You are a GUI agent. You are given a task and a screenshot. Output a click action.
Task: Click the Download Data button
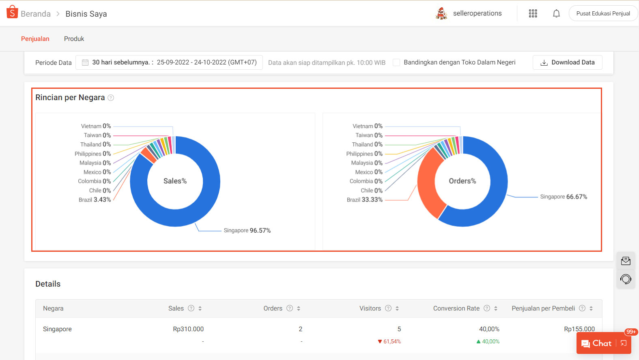point(567,62)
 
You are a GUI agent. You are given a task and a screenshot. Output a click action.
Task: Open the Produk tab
point(74,39)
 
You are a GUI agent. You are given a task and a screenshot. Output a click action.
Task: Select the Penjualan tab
point(35,39)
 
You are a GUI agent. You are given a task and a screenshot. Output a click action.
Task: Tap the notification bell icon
point(556,14)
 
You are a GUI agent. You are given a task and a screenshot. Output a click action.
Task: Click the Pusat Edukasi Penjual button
point(603,14)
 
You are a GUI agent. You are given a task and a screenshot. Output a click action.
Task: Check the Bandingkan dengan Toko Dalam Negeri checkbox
point(396,62)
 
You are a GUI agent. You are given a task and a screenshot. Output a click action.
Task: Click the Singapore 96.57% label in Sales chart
point(247,230)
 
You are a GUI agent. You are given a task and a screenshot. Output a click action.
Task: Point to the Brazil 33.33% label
point(364,200)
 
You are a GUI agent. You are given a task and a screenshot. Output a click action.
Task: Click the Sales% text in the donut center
point(175,181)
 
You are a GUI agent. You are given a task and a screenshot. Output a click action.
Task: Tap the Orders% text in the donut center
point(462,181)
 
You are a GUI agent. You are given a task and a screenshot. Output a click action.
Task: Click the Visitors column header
point(370,309)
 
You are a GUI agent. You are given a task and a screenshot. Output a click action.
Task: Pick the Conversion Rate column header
point(456,309)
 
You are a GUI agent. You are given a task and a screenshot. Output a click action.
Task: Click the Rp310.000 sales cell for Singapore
point(188,329)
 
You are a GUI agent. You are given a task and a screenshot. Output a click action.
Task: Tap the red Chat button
point(597,343)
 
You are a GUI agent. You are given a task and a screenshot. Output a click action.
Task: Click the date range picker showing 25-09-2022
point(169,62)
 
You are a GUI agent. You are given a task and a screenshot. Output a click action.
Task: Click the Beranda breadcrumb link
point(35,14)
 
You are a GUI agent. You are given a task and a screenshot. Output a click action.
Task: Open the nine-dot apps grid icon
point(533,14)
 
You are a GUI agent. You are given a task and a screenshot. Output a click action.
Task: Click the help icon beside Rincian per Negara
point(111,98)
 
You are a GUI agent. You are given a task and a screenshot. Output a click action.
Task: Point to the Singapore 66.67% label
point(564,197)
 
